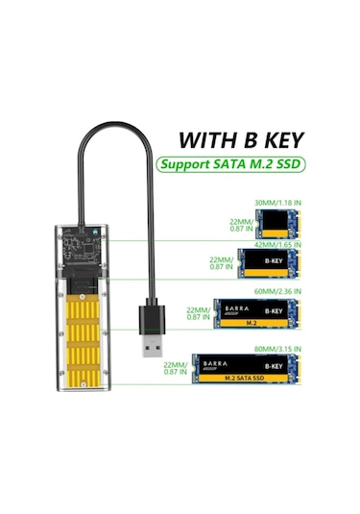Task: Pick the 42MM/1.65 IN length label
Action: (x=276, y=245)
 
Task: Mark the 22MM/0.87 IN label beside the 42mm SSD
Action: (x=222, y=263)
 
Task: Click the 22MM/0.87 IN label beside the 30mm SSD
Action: (x=240, y=225)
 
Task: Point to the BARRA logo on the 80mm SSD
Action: (x=216, y=363)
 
